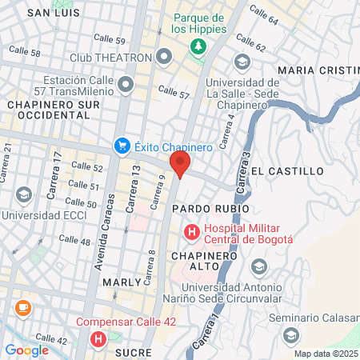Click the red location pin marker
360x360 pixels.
[180, 166]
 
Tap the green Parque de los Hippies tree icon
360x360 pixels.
[197, 47]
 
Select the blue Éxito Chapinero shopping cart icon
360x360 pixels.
[122, 146]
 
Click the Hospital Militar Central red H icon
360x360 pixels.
[192, 233]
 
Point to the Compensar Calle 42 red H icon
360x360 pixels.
[98, 339]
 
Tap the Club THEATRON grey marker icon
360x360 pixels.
[166, 57]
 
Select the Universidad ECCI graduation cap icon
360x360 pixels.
[24, 195]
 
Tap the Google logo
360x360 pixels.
[26, 350]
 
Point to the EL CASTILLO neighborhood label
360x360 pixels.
[286, 171]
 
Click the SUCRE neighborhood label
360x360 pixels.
[132, 351]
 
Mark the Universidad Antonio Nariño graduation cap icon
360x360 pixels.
[258, 266]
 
